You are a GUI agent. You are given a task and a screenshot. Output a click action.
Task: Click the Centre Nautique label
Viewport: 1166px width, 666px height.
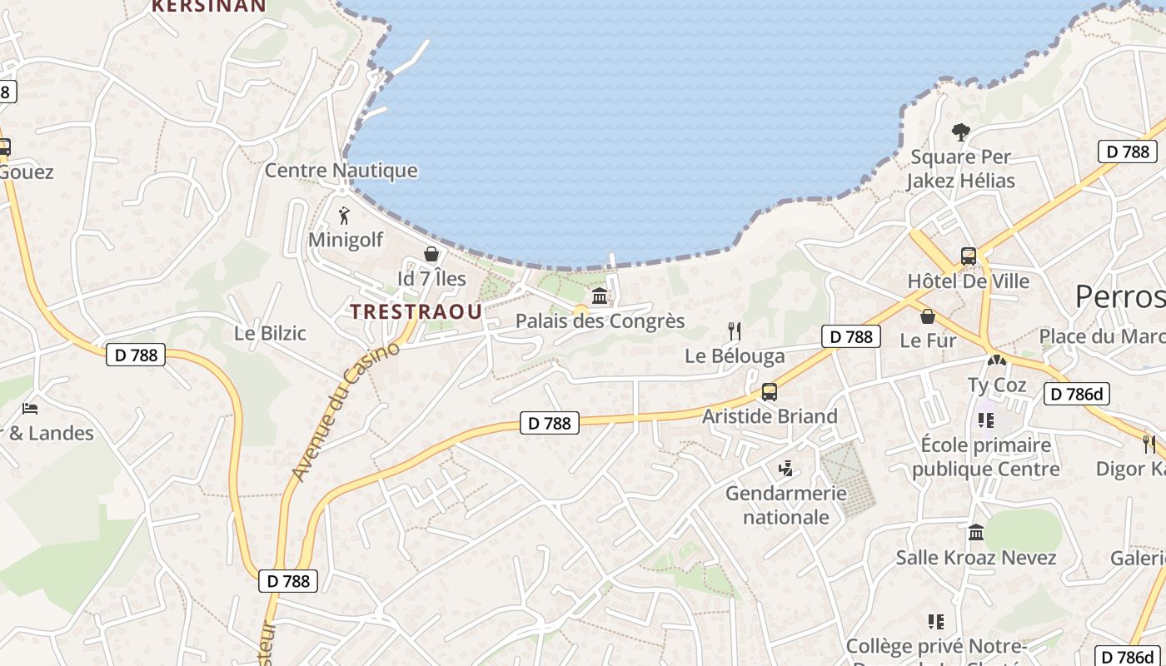[341, 171]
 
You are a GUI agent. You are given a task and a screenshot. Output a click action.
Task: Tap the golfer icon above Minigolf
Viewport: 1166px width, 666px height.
[345, 216]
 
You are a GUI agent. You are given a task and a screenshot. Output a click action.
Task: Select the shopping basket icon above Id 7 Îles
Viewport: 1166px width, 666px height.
[431, 254]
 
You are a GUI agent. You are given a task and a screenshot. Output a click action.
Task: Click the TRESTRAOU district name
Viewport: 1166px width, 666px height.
[416, 312]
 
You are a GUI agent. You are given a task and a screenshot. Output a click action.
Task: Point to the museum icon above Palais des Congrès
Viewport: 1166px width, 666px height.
[600, 296]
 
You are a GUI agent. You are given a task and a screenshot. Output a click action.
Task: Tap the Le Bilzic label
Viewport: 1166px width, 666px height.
[270, 333]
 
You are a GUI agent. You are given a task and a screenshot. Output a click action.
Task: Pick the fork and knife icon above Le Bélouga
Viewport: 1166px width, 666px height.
[735, 331]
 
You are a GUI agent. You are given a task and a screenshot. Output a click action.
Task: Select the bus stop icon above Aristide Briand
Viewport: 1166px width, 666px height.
[770, 392]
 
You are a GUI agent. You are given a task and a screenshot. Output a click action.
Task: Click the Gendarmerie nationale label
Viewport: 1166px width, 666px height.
[786, 504]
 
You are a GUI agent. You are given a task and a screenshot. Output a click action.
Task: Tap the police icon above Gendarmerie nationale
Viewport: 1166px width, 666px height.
[785, 470]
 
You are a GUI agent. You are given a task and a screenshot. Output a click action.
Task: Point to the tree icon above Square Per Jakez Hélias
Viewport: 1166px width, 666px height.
[961, 132]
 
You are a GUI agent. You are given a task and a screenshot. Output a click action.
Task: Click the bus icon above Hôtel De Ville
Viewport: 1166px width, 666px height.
[969, 256]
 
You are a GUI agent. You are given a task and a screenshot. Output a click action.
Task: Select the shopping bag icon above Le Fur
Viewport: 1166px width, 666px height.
[928, 316]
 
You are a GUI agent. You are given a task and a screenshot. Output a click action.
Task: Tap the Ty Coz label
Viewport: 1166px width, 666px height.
[997, 385]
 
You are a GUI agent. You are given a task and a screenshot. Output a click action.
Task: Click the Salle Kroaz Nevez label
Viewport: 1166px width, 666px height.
[976, 558]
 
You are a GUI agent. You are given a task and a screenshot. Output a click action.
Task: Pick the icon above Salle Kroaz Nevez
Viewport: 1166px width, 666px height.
[976, 532]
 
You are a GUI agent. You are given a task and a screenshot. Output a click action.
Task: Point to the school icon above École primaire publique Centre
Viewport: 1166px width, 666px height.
[986, 420]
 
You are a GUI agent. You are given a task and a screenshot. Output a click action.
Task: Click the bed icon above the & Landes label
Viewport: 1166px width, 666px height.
[30, 409]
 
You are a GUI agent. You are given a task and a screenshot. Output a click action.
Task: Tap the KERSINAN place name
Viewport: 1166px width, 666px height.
[209, 6]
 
